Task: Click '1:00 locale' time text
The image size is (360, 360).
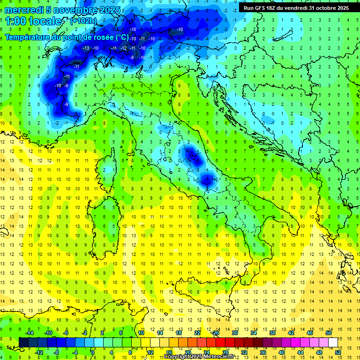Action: tap(33, 21)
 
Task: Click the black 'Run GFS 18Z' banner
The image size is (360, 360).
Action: tap(296, 8)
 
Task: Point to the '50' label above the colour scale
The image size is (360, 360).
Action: tap(328, 333)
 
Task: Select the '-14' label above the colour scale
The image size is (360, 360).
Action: tap(29, 333)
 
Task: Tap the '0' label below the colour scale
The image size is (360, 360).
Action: tap(93, 352)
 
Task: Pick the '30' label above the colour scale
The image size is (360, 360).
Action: tap(234, 333)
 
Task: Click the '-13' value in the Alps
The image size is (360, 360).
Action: tap(86, 48)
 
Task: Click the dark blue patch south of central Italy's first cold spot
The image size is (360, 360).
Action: tap(207, 178)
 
